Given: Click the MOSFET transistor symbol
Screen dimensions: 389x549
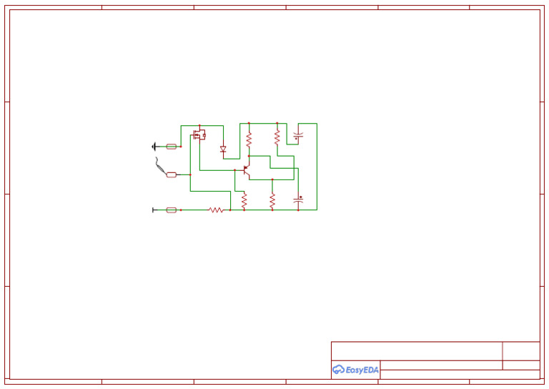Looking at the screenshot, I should [199, 134].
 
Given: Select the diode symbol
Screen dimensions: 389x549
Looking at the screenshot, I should [223, 149].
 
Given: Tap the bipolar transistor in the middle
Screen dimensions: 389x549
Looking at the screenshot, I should [247, 169].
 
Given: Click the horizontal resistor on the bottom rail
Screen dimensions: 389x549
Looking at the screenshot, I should [216, 210].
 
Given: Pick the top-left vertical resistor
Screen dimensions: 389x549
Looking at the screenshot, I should [249, 139].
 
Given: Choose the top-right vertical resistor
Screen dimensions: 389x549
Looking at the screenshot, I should [277, 137].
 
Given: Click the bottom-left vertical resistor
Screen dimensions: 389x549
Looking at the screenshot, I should [244, 202].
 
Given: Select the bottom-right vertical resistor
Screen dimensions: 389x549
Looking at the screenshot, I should [272, 201].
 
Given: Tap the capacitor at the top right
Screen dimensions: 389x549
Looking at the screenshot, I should [298, 134].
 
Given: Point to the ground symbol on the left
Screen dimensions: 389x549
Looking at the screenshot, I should [154, 146].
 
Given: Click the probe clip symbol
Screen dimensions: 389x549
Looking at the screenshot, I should [159, 165].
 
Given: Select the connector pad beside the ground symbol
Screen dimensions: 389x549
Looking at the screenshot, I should [172, 146].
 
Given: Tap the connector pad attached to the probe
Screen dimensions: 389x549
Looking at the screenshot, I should [172, 174].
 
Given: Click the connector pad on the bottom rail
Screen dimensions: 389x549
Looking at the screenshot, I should [172, 210].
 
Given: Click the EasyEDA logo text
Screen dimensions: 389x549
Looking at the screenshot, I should [362, 370].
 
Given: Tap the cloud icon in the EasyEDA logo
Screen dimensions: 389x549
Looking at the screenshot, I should [339, 370].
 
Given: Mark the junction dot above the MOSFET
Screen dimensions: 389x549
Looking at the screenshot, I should [199, 125].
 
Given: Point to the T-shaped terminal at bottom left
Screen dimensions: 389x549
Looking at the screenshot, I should [154, 210].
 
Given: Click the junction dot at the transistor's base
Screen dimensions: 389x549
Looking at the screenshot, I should [234, 170].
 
